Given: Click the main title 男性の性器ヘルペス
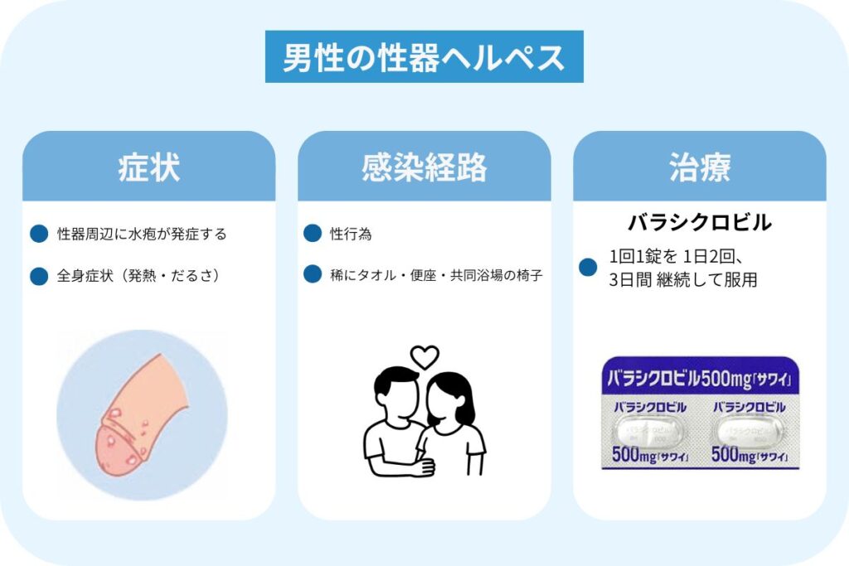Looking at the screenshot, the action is (x=424, y=57).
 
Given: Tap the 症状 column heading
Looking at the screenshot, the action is (x=149, y=167).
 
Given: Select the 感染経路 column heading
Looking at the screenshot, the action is (x=424, y=167).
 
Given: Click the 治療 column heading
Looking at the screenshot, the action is (x=700, y=167).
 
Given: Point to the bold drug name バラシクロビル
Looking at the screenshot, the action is (x=700, y=222).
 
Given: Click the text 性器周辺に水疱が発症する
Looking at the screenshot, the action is (x=142, y=234).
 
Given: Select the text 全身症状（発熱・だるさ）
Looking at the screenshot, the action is (x=138, y=275).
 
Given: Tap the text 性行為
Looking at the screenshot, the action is (x=351, y=234).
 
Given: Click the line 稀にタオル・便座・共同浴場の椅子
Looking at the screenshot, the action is (x=436, y=275).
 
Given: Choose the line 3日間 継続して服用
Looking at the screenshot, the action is (x=683, y=280).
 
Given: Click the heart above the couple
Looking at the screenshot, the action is (x=424, y=357).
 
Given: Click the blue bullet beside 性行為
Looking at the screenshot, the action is (x=313, y=233).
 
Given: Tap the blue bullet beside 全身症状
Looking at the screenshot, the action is (x=39, y=275).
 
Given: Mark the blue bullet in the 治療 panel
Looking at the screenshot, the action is (x=588, y=267).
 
